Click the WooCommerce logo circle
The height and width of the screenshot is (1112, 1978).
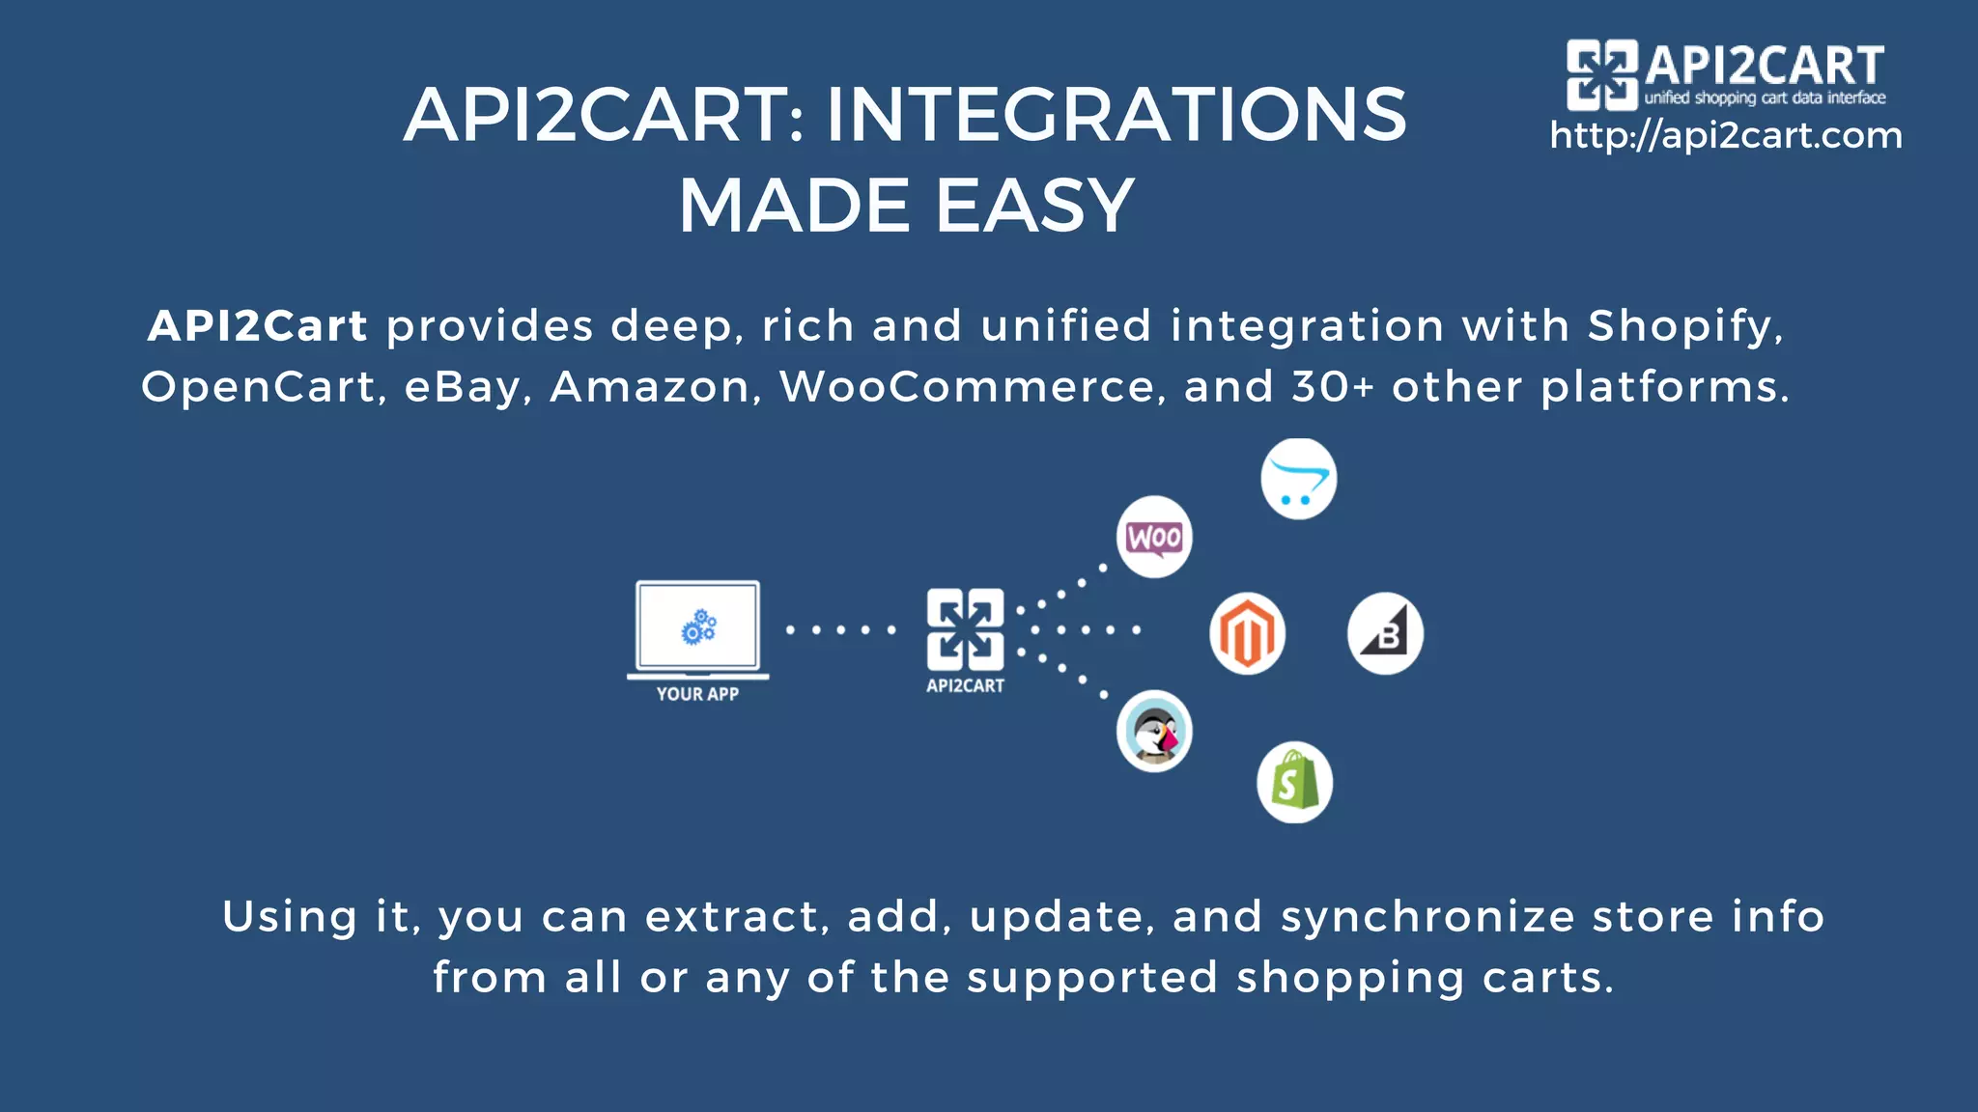pos(1154,537)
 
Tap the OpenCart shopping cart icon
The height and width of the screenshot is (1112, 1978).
pos(1298,480)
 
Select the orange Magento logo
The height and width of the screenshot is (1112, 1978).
pos(1247,633)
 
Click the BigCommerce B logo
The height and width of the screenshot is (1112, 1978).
pos(1385,633)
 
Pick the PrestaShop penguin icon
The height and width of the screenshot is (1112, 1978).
pos(1154,731)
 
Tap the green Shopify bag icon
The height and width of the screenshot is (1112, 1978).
pos(1294,782)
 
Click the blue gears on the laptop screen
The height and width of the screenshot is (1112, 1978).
pos(698,627)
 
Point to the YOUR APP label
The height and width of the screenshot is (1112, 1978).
pos(697,694)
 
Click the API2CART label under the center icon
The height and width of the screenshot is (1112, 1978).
pos(965,686)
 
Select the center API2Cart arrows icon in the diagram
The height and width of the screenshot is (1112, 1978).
pos(965,628)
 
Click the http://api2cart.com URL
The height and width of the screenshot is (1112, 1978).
pos(1725,136)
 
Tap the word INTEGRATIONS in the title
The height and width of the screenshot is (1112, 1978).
pos(1116,115)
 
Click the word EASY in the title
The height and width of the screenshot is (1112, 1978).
pos(1034,206)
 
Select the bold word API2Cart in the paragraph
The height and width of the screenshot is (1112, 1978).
pos(257,326)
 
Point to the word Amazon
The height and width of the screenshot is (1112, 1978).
pos(650,387)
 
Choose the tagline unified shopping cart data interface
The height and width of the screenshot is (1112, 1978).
pos(1765,97)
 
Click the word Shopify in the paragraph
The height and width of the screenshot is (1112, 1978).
pos(1683,326)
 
